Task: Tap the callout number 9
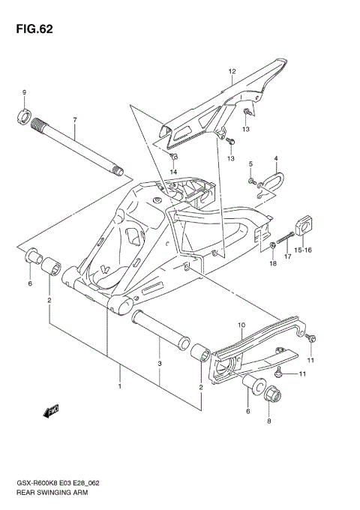pyautogui.click(x=24, y=92)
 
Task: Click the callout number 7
pyautogui.click(x=75, y=120)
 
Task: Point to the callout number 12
pyautogui.click(x=232, y=73)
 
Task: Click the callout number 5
pyautogui.click(x=251, y=163)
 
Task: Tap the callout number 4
pyautogui.click(x=275, y=158)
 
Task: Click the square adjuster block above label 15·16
pyautogui.click(x=304, y=223)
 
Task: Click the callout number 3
pyautogui.click(x=159, y=365)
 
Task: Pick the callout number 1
pyautogui.click(x=119, y=386)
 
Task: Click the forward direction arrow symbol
pyautogui.click(x=53, y=410)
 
